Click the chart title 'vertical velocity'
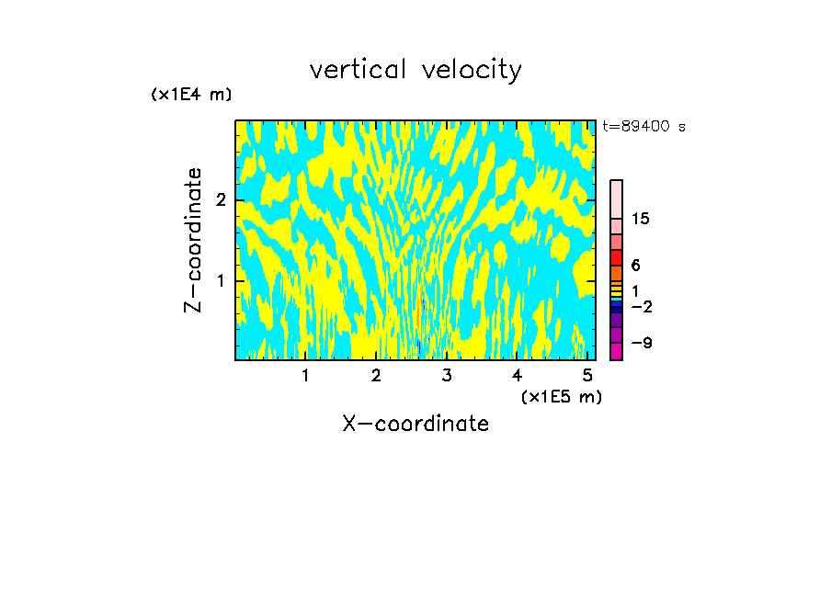415,70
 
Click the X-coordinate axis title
415,424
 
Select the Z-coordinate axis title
193,240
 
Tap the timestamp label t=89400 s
643,127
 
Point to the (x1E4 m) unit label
191,95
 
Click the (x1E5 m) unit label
561,396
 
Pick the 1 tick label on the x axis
305,376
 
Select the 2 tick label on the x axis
376,376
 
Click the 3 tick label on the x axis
446,376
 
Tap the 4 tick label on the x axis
517,376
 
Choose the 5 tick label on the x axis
587,376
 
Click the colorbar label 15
641,219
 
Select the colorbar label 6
635,265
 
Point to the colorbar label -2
640,307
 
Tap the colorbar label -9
640,343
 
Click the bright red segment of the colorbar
616,257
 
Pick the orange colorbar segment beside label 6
616,273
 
